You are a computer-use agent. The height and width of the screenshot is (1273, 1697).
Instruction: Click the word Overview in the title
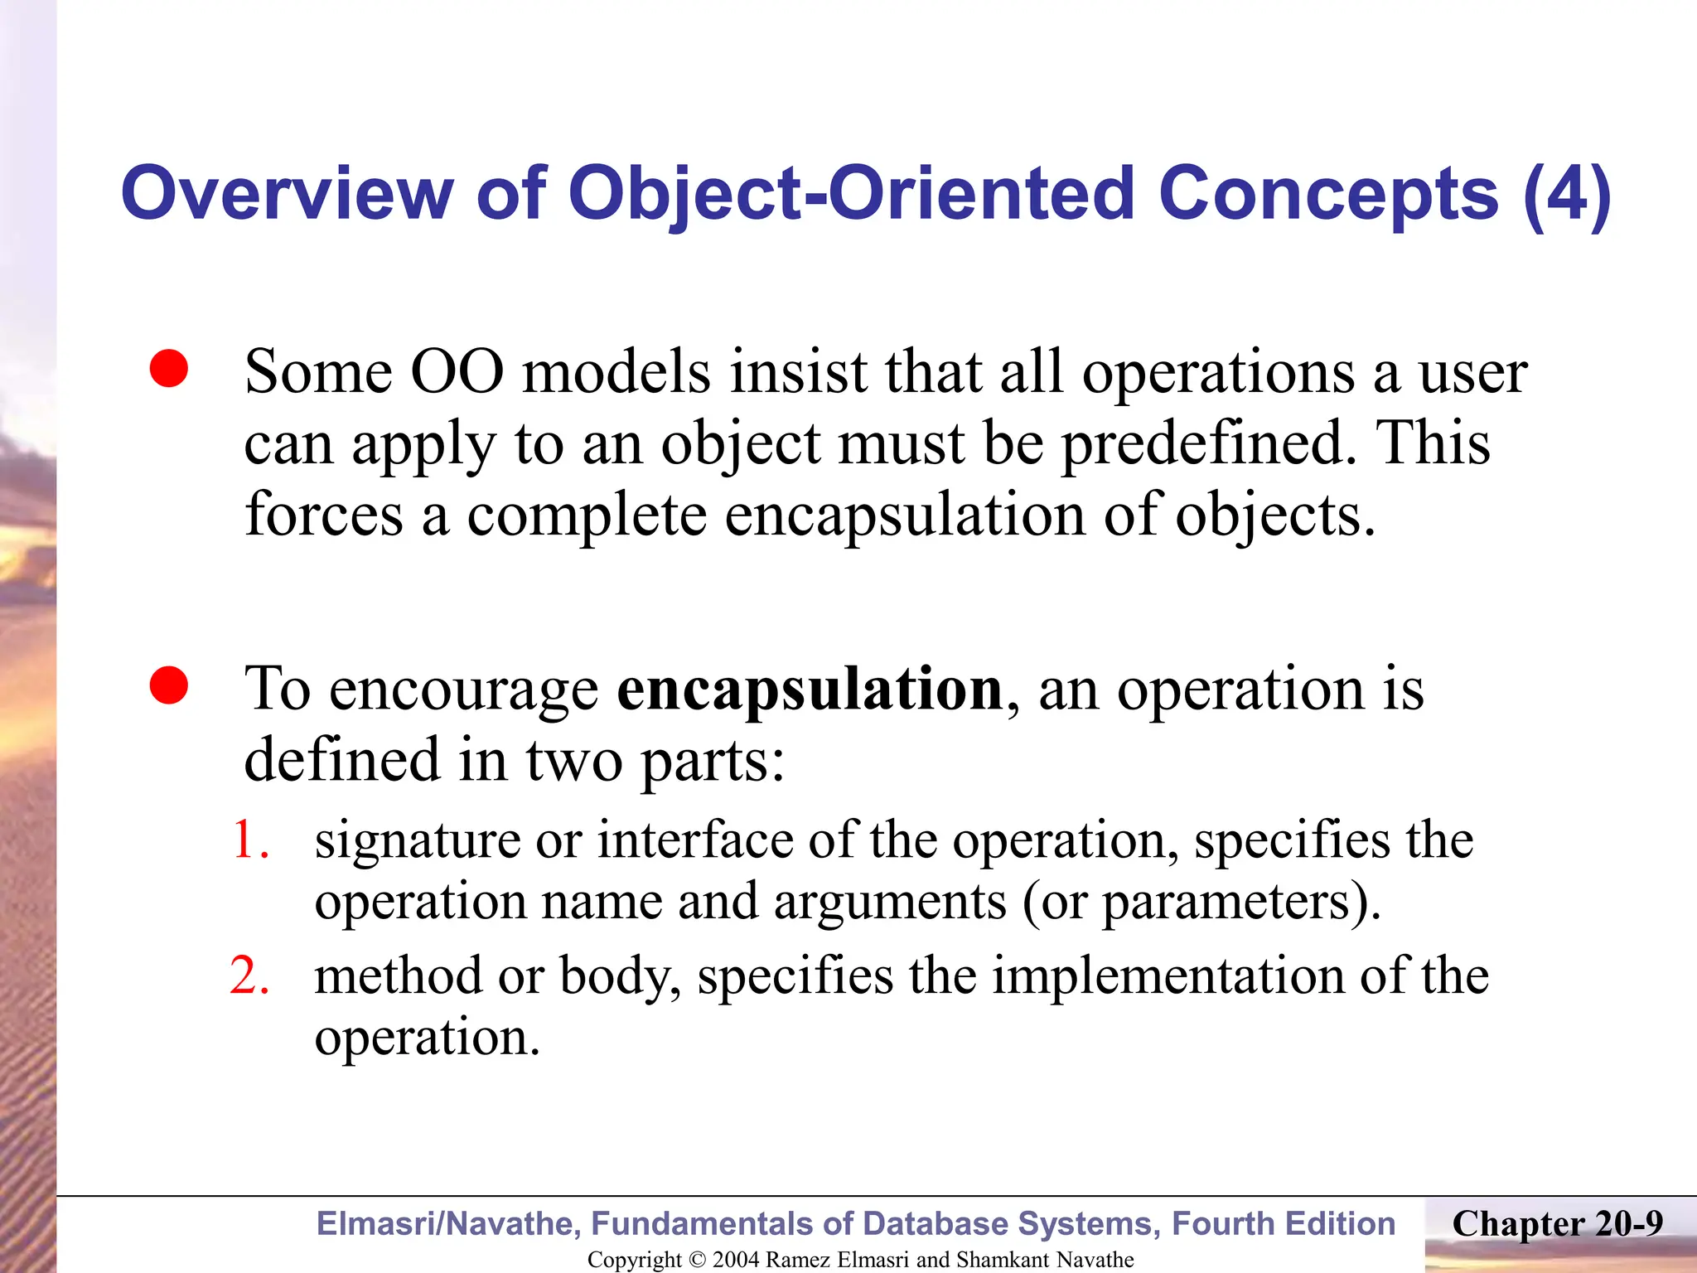point(287,194)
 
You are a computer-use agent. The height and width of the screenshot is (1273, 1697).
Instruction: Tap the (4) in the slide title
point(1566,194)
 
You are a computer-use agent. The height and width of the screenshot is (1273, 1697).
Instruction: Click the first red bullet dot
point(169,369)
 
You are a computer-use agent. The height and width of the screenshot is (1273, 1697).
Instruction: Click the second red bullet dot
point(169,685)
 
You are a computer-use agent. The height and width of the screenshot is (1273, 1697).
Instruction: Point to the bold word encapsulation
point(810,689)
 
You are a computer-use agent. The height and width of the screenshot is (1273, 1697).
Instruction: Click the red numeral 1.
point(248,840)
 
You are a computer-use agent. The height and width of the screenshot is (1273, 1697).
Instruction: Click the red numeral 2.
point(249,975)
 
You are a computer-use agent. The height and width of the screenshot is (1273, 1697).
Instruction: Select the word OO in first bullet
point(457,372)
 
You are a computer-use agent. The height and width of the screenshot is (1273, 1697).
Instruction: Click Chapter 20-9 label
point(1557,1223)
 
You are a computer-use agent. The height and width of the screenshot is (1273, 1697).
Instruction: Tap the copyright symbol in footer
point(698,1260)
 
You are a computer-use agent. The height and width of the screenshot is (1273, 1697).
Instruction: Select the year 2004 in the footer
point(736,1260)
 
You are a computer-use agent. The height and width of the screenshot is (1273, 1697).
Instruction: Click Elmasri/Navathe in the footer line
point(447,1224)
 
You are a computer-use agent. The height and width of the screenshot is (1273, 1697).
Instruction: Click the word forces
point(324,515)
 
